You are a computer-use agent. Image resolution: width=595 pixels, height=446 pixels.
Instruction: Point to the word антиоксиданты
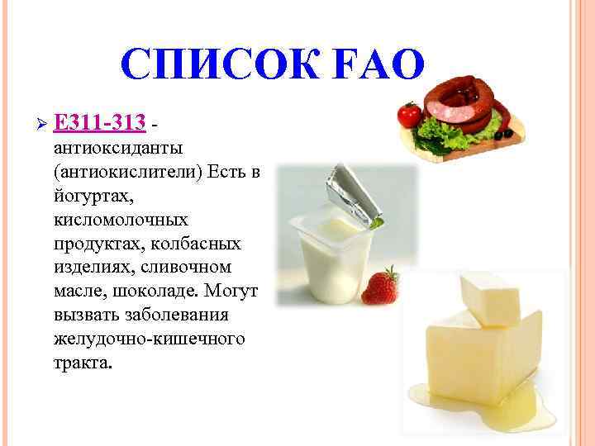coord(117,148)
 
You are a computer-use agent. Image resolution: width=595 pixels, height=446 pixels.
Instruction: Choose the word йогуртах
coord(86,196)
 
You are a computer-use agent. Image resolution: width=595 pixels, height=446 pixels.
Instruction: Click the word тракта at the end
coord(79,363)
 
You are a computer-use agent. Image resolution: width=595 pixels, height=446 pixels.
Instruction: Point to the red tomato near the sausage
coord(408,113)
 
